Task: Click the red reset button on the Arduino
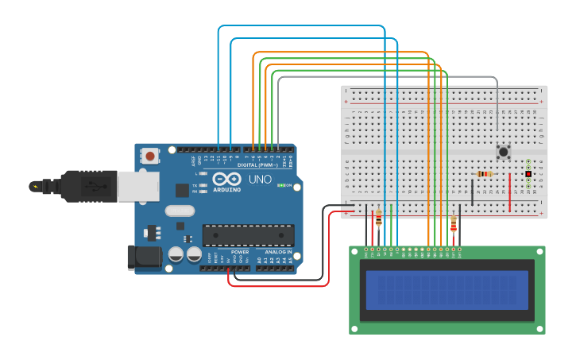point(150,156)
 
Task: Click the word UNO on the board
point(260,180)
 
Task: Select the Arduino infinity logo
point(226,179)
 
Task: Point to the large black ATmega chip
point(248,235)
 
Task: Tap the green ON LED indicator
point(280,186)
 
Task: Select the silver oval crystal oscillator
point(180,211)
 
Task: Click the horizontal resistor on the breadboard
point(484,174)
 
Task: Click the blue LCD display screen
point(447,290)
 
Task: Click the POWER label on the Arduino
point(240,252)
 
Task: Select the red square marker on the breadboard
point(528,173)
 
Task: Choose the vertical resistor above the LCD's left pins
point(378,219)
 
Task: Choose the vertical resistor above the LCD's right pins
point(454,226)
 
